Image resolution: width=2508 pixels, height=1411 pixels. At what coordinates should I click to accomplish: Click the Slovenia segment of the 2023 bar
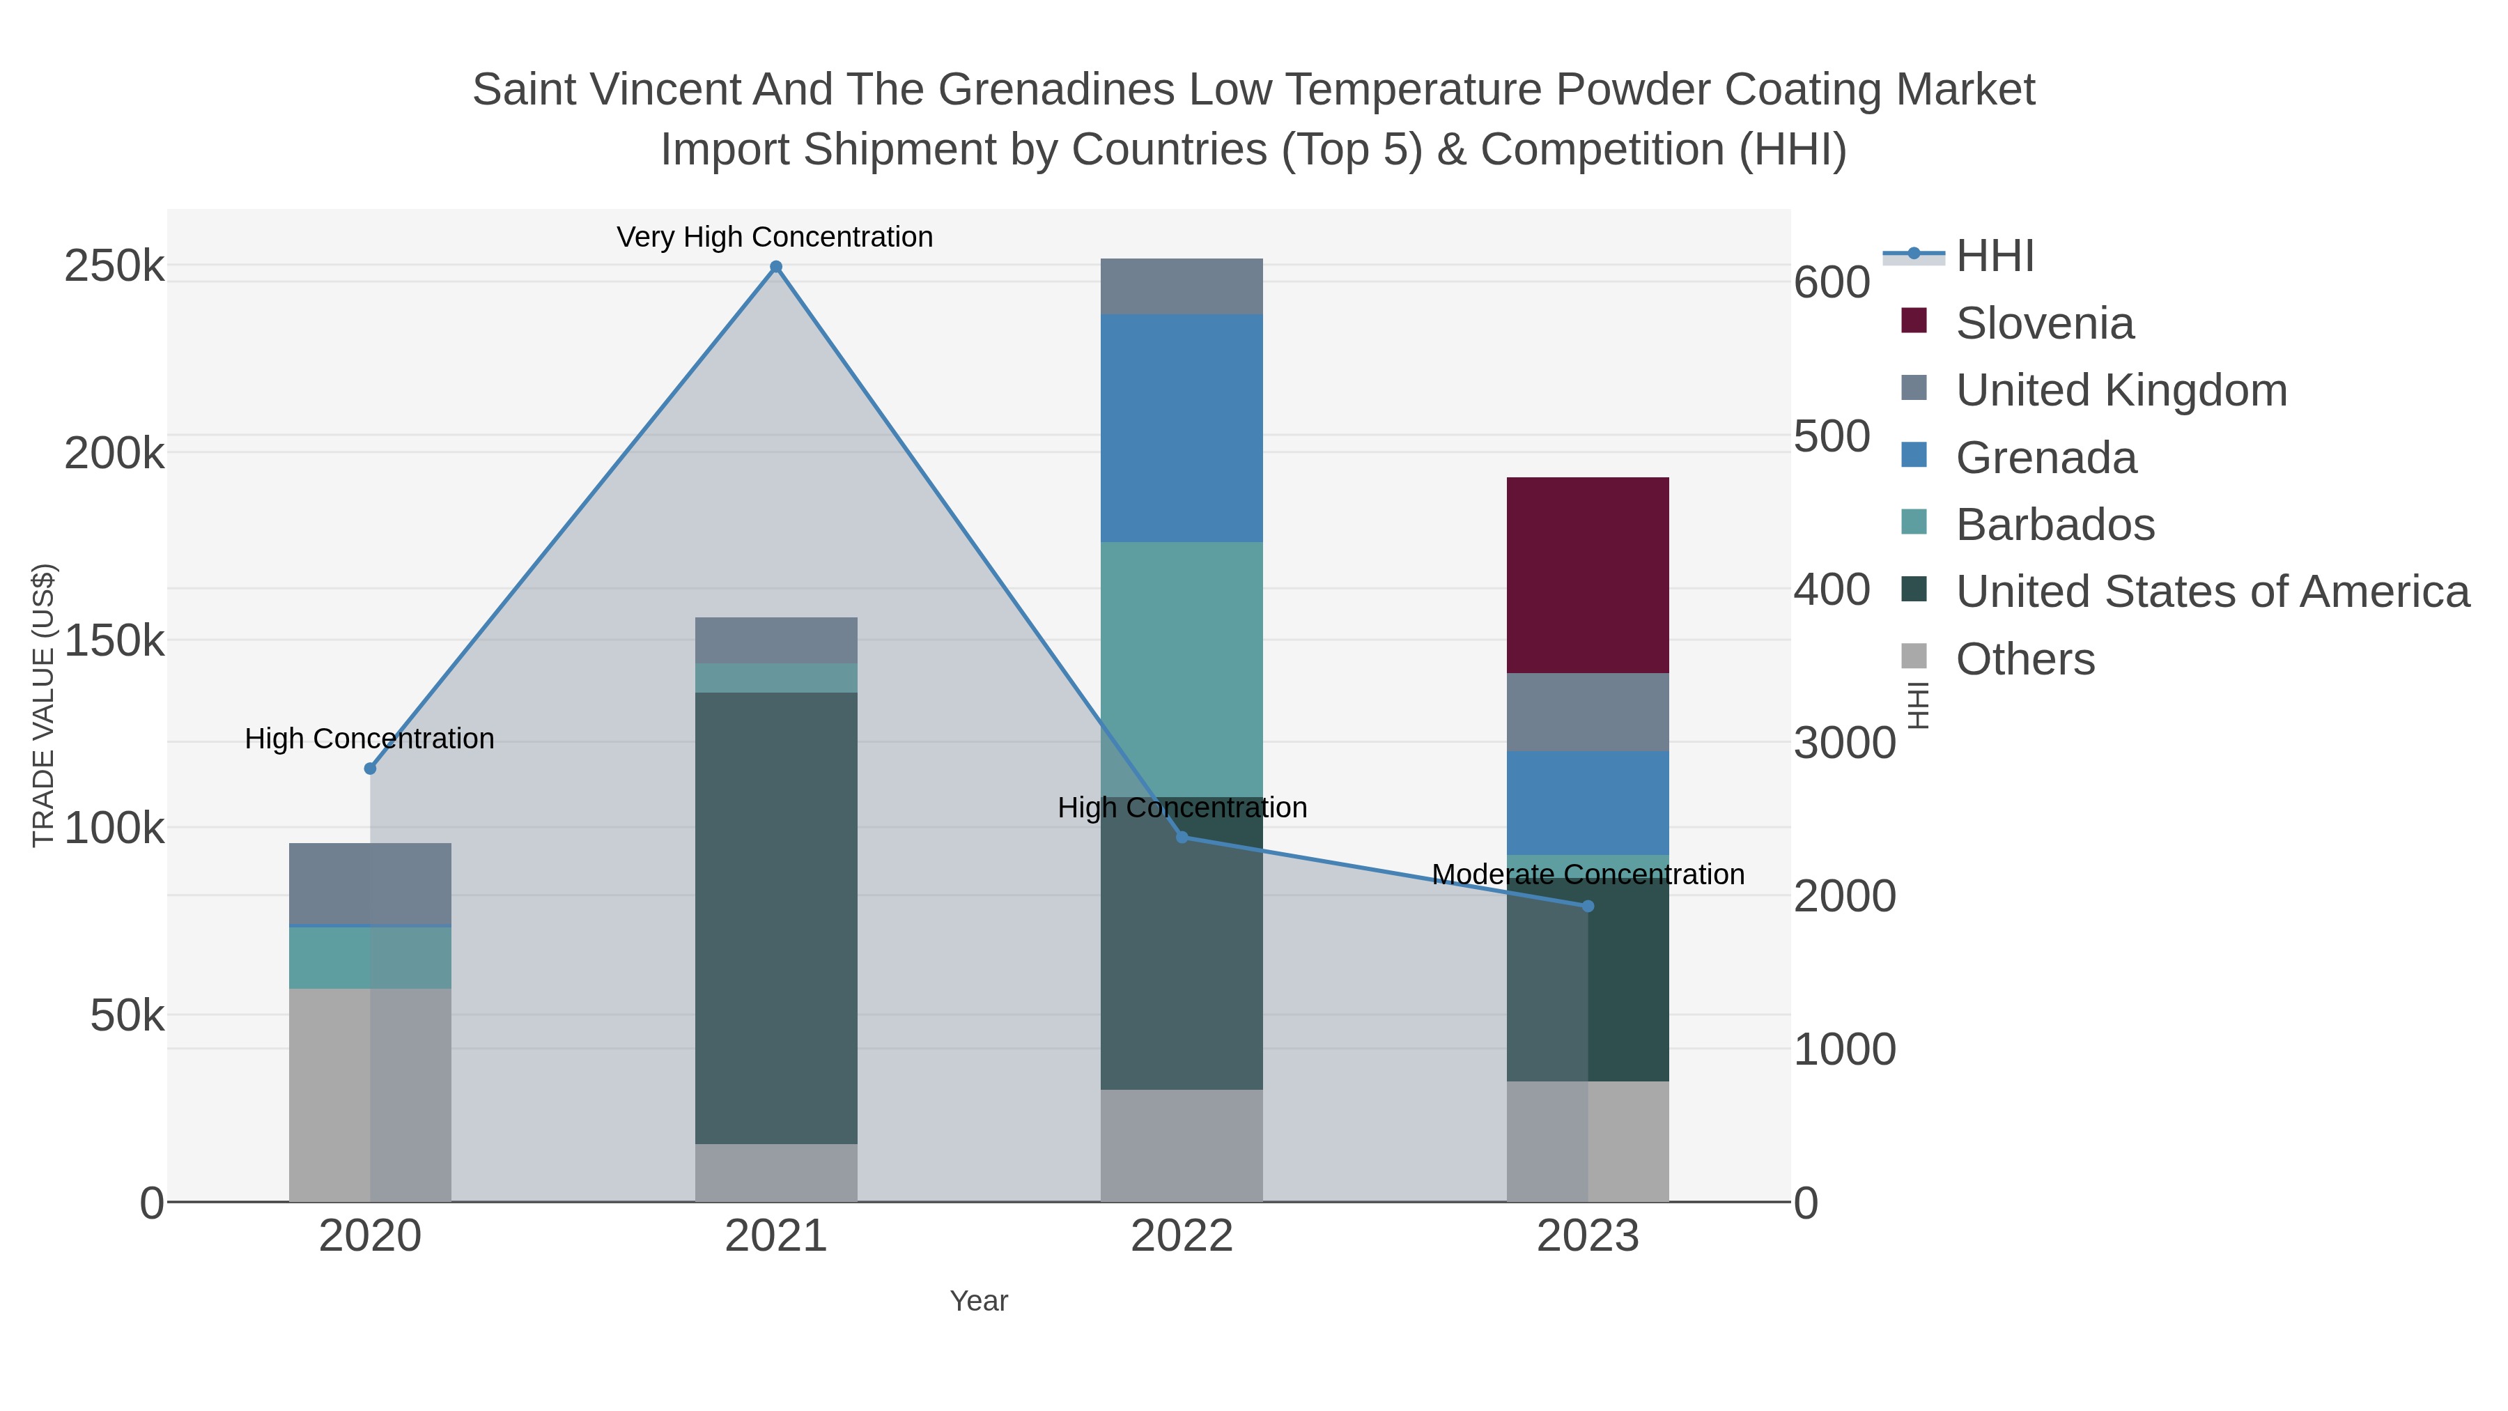tap(1587, 575)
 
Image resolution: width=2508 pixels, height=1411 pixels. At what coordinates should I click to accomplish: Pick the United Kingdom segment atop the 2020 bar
tap(370, 884)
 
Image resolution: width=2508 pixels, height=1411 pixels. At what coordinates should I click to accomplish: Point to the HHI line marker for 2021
tap(776, 267)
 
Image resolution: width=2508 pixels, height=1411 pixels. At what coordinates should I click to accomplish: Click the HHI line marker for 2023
tap(1587, 906)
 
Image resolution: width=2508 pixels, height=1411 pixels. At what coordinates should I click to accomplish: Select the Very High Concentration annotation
tap(775, 238)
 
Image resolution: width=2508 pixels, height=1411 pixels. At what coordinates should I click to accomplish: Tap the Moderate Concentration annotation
tap(1587, 874)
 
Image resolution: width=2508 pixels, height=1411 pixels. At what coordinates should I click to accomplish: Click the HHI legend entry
tap(1994, 256)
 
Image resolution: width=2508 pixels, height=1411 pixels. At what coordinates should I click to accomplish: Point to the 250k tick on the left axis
tap(114, 267)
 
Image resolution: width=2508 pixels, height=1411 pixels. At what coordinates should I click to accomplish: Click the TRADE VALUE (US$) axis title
tap(44, 705)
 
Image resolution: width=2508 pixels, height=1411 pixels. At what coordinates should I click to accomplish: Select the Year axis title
tap(979, 1301)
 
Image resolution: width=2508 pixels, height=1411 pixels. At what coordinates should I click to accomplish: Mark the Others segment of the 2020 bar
tap(370, 1095)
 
